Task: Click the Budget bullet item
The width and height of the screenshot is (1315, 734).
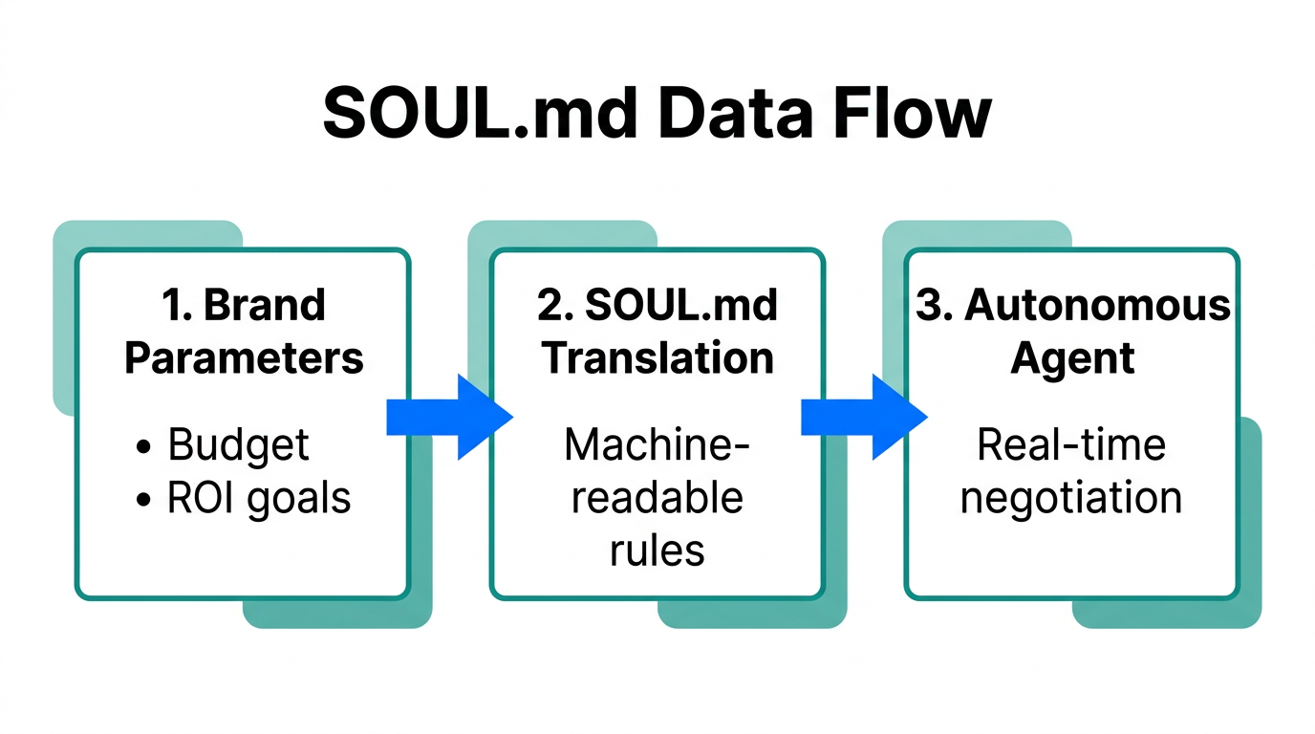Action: pos(238,445)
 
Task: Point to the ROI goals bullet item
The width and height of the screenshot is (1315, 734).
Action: pos(258,498)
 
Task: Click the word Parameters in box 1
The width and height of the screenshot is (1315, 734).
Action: pos(245,358)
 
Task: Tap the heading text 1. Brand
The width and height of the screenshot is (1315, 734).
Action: pos(245,305)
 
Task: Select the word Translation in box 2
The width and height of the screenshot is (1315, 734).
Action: pos(657,358)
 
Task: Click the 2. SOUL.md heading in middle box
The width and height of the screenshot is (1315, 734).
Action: pos(657,305)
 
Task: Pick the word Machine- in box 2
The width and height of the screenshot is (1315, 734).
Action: pos(657,445)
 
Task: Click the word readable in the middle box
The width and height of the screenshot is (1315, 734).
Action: pos(657,498)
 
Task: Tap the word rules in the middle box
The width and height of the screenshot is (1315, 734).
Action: pos(657,550)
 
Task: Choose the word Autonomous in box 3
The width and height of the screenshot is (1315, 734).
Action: pos(1097,305)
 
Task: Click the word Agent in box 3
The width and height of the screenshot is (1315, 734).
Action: pos(1072,358)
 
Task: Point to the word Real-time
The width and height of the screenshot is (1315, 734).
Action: pos(1072,445)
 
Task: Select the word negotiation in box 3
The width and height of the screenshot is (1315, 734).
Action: pos(1072,498)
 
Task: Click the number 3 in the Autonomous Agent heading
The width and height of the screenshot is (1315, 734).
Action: pos(928,305)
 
